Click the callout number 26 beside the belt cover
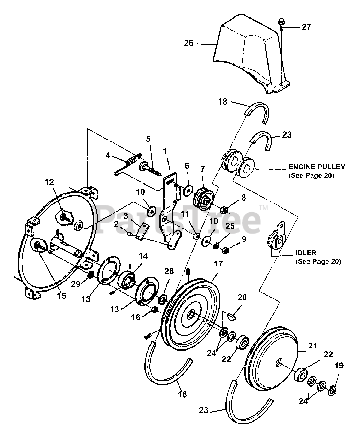pyautogui.click(x=189, y=43)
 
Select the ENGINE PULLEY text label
pyautogui.click(x=316, y=167)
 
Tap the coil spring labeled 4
pyautogui.click(x=131, y=159)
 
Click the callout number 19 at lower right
pyautogui.click(x=339, y=366)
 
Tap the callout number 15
pyautogui.click(x=61, y=295)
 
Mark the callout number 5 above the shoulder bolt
pyautogui.click(x=148, y=139)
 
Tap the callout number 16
pyautogui.click(x=136, y=317)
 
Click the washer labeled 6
pyautogui.click(x=188, y=190)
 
